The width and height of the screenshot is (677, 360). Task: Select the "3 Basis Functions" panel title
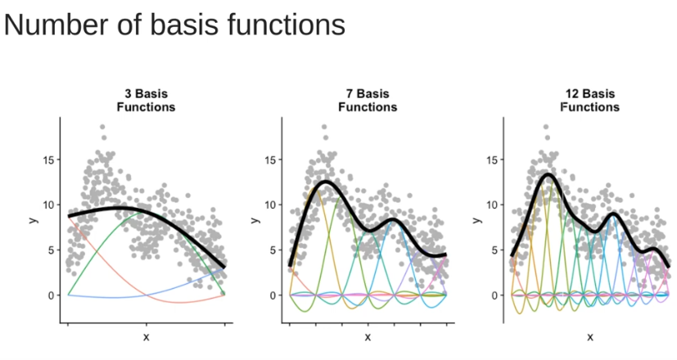[x=146, y=100]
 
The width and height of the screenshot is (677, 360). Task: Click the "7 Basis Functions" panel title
[x=368, y=100]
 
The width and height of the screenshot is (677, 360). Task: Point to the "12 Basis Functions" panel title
[x=589, y=100]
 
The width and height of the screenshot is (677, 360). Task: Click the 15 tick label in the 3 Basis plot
[x=48, y=160]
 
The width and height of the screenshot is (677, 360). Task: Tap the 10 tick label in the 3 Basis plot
[x=48, y=205]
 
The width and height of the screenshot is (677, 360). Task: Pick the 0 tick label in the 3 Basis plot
[x=52, y=295]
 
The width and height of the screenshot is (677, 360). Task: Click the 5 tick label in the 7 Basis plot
[x=273, y=250]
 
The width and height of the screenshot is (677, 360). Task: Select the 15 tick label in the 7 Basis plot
[x=270, y=160]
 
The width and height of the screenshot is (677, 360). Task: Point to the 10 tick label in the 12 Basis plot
[x=492, y=205]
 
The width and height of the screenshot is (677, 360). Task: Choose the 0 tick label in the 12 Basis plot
[x=495, y=295]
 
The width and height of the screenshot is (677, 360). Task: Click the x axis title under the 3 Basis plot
[x=146, y=336]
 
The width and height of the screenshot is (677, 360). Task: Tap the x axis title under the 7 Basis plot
[x=368, y=336]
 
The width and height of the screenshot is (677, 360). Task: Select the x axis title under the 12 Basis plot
[x=589, y=336]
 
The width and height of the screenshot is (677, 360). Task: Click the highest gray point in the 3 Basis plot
[x=102, y=127]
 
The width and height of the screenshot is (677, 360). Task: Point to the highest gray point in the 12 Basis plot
[x=546, y=127]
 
